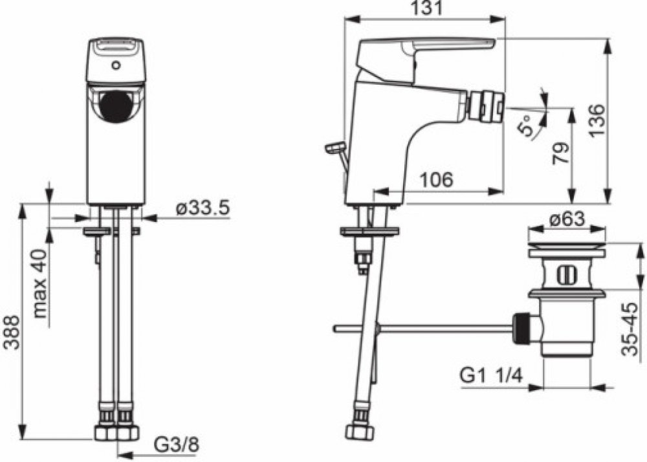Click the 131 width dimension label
[x=424, y=8]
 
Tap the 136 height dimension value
[x=596, y=120]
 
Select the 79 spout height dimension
[x=561, y=153]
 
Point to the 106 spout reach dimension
[x=436, y=179]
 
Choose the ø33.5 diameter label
[x=203, y=209]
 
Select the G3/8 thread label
[x=177, y=445]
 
